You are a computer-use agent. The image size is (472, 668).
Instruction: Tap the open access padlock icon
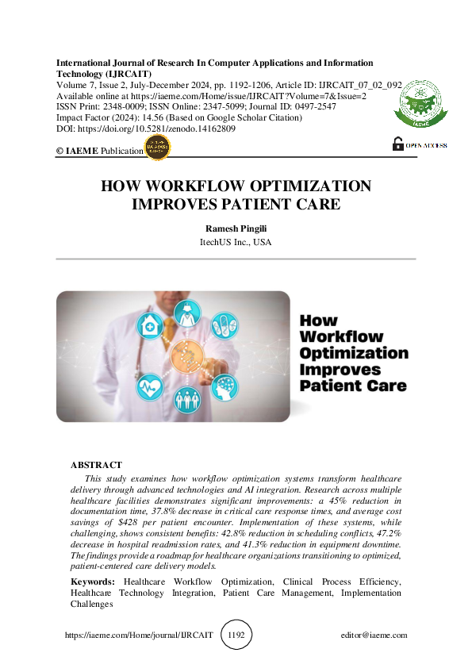coord(398,144)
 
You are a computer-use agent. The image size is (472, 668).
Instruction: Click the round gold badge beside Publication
coord(158,148)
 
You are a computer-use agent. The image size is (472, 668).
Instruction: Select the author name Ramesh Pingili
coord(236,228)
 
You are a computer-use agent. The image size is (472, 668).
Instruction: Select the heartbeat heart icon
coord(150,387)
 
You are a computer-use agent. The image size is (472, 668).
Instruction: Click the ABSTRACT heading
coord(96,465)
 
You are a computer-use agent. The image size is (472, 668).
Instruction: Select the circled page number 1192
coord(236,635)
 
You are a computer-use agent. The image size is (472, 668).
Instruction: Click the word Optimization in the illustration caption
coord(354,353)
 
